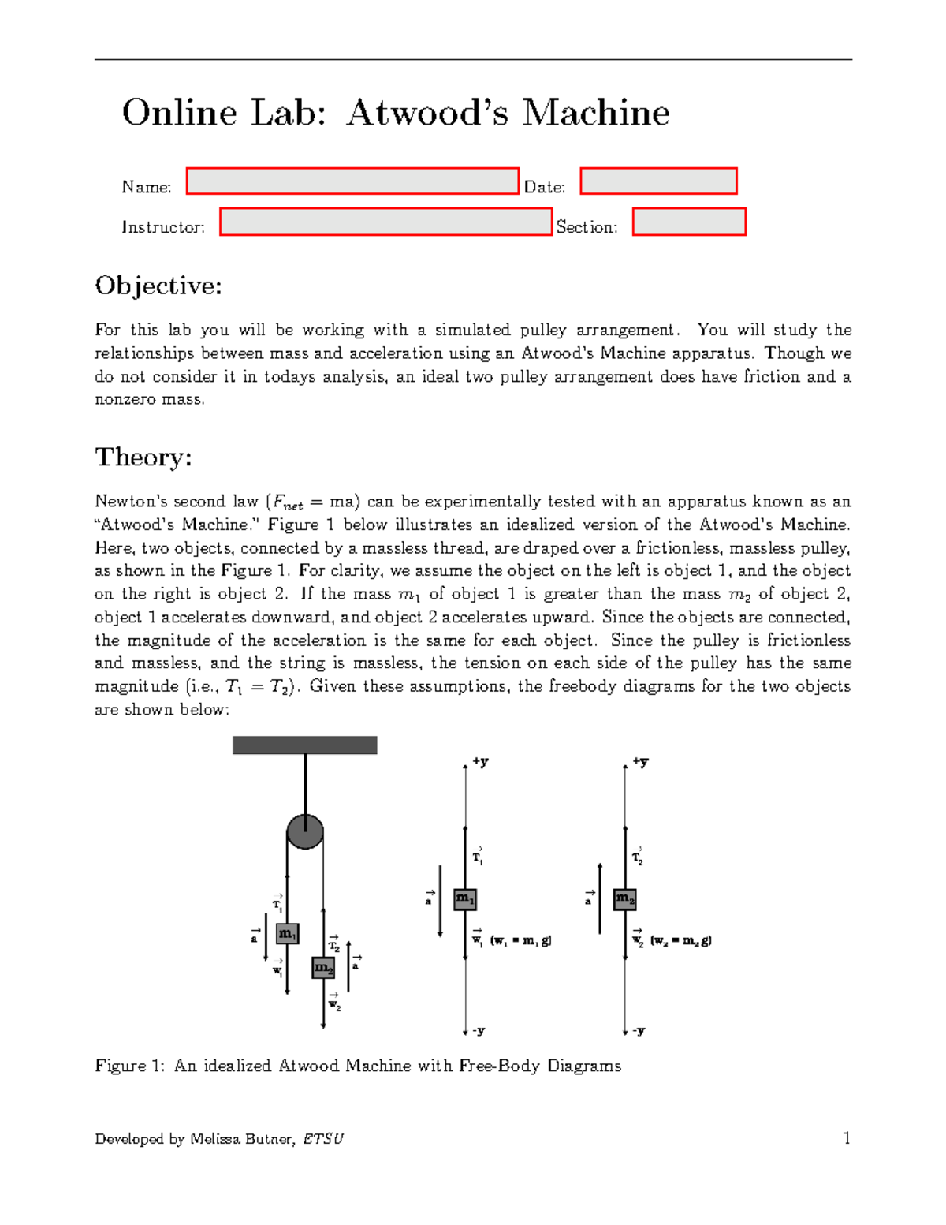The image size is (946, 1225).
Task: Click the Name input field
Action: pyautogui.click(x=352, y=181)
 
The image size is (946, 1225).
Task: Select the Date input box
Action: pyautogui.click(x=658, y=181)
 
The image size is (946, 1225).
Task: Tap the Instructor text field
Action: pyautogui.click(x=385, y=222)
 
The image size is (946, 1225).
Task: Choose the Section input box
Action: pyautogui.click(x=689, y=222)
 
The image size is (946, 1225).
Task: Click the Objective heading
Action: pyautogui.click(x=158, y=286)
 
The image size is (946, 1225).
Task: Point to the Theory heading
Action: pyautogui.click(x=143, y=458)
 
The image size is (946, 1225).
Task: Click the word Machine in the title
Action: pyautogui.click(x=596, y=112)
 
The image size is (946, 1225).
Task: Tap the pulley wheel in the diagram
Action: pyautogui.click(x=305, y=831)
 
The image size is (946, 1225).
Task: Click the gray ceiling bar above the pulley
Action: pyautogui.click(x=304, y=745)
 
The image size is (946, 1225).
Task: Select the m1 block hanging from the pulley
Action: pyautogui.click(x=287, y=934)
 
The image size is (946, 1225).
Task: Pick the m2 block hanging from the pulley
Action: pyautogui.click(x=323, y=967)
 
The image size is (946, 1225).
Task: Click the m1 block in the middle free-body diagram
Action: pyautogui.click(x=465, y=898)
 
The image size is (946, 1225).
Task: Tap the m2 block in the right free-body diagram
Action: pyautogui.click(x=625, y=898)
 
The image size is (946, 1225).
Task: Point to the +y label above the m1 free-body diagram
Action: pyautogui.click(x=480, y=762)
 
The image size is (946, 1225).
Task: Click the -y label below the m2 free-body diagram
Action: pyautogui.click(x=639, y=1031)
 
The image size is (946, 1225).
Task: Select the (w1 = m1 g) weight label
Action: pyautogui.click(x=521, y=940)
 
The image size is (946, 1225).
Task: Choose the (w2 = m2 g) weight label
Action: pyautogui.click(x=681, y=940)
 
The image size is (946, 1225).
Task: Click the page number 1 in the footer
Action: pyautogui.click(x=847, y=1137)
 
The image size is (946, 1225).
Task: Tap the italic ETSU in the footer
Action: pyautogui.click(x=323, y=1139)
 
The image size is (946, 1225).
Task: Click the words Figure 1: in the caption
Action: pyautogui.click(x=130, y=1066)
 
